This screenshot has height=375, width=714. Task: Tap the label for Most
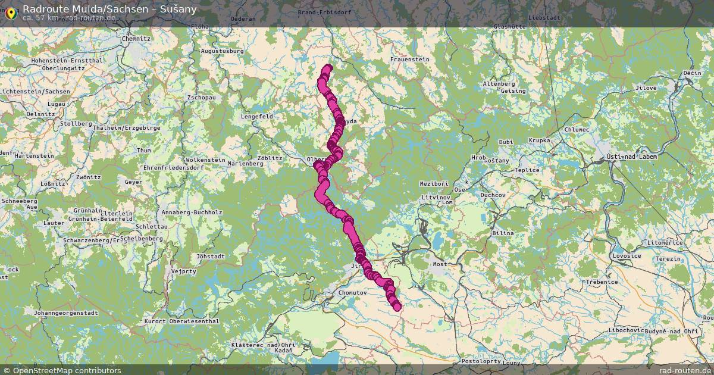[440, 264]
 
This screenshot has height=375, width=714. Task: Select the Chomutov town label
[352, 293]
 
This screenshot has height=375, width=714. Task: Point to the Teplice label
[527, 170]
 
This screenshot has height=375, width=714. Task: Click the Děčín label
[692, 73]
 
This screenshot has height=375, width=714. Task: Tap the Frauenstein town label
[410, 60]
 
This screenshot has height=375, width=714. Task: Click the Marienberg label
[245, 163]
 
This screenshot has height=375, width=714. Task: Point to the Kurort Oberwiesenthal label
[182, 321]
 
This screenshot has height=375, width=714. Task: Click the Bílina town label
[502, 233]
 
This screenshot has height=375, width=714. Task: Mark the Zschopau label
[201, 97]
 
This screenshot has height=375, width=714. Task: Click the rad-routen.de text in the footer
[686, 370]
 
